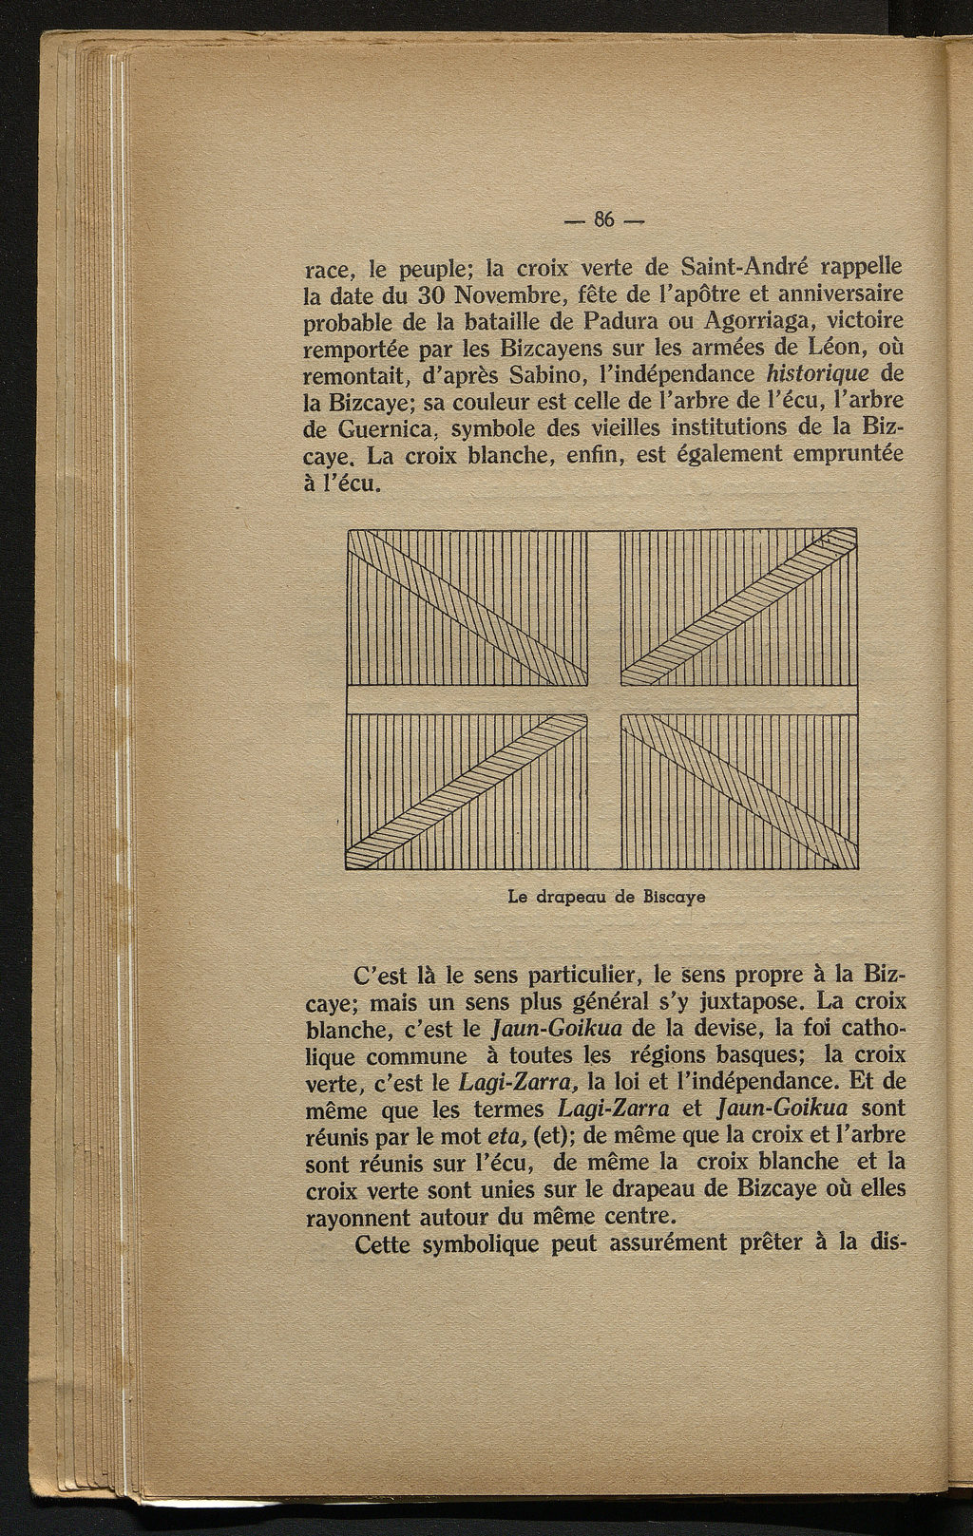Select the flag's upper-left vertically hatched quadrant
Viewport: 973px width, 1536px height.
466,608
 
